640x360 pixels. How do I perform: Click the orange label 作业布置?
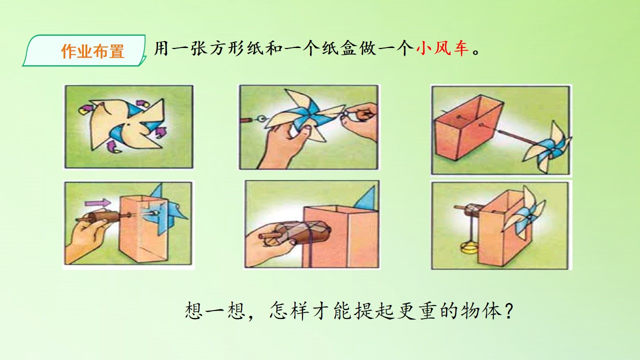pyautogui.click(x=93, y=51)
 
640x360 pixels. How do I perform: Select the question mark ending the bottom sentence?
pyautogui.click(x=509, y=310)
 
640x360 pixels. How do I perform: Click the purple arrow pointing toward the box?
pyautogui.click(x=97, y=203)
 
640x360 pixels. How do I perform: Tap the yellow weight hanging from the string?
pyautogui.click(x=469, y=247)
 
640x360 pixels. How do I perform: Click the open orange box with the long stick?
pyautogui.click(x=468, y=129)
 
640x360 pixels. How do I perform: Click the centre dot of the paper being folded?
pyautogui.click(x=129, y=125)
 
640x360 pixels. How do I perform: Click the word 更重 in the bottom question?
pyautogui.click(x=418, y=310)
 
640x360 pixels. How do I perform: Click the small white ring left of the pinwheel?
pyautogui.click(x=261, y=118)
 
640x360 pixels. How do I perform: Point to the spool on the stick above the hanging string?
pyautogui.click(x=473, y=210)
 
